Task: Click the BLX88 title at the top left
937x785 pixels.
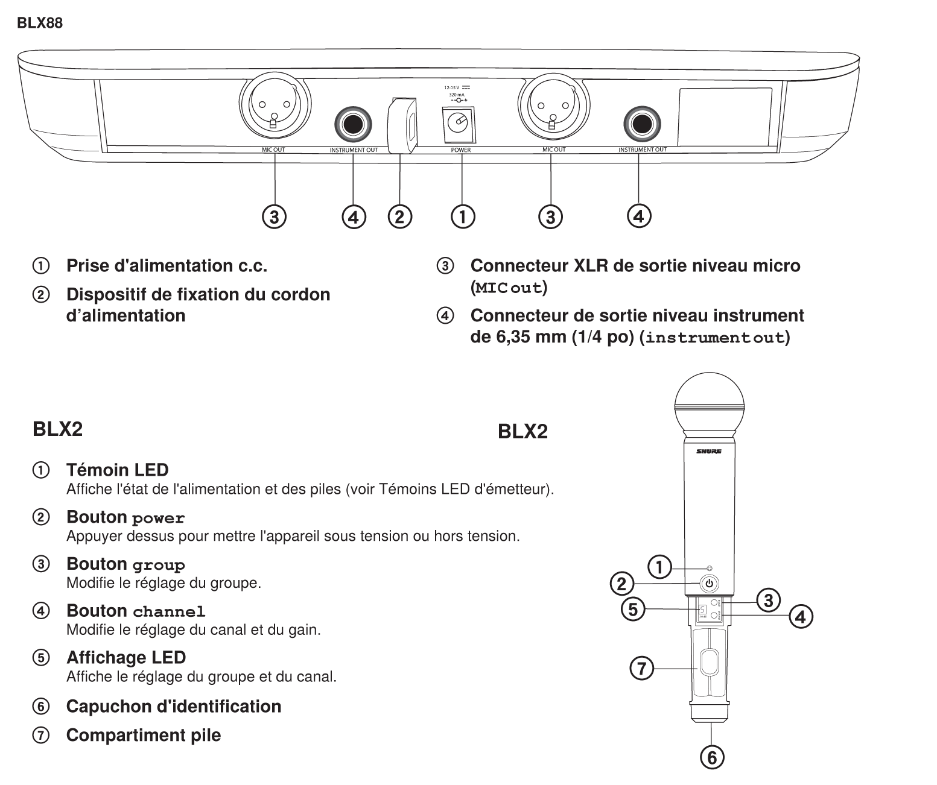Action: point(39,24)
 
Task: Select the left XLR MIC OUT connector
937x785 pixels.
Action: point(275,109)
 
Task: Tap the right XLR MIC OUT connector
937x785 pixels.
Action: point(551,109)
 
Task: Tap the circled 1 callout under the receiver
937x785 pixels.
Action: point(463,216)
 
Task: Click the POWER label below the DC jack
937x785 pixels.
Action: point(461,150)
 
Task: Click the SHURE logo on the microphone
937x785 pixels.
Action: point(709,452)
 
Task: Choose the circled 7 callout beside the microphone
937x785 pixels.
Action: point(641,668)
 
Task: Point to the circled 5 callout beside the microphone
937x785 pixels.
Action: point(632,609)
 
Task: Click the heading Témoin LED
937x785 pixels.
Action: point(117,470)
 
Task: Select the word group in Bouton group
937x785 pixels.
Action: point(159,566)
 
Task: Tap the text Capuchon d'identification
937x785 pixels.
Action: point(173,706)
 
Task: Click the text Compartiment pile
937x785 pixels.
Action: point(143,735)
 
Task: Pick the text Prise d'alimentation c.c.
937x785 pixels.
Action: point(167,265)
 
